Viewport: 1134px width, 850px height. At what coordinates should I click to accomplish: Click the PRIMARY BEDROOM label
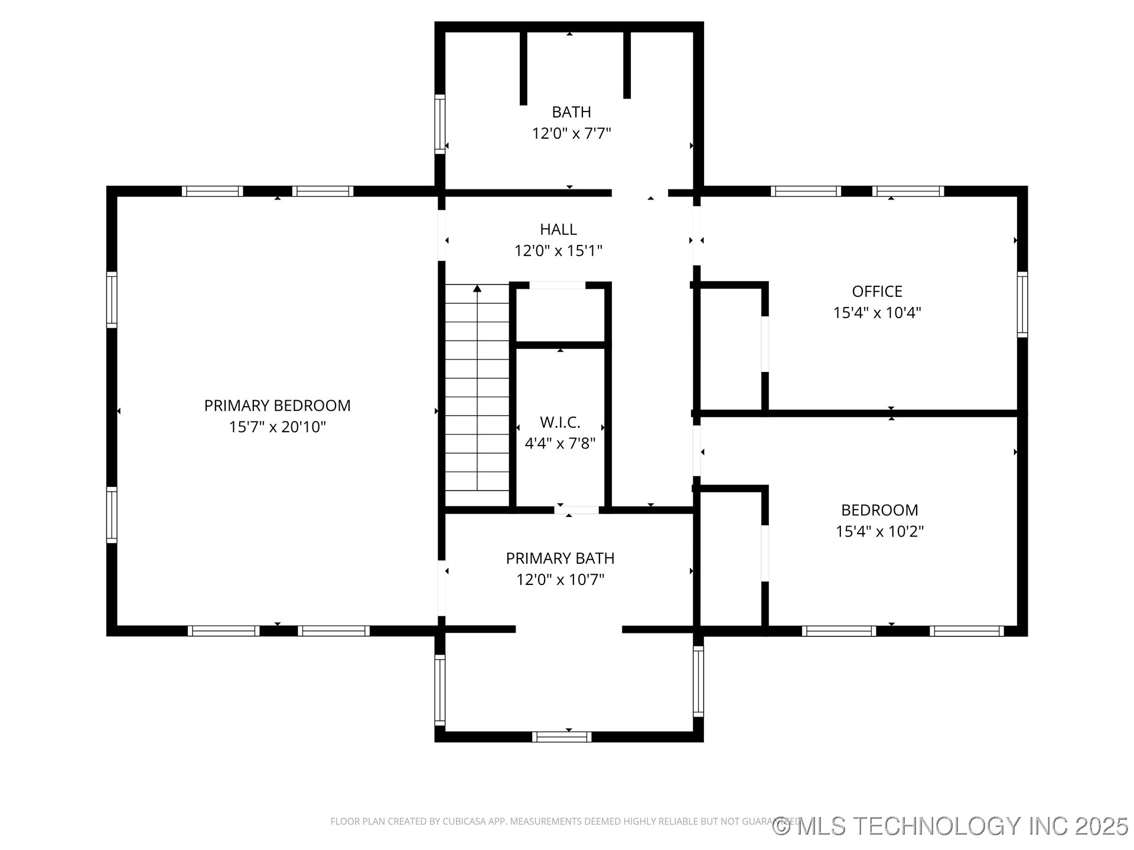pyautogui.click(x=277, y=406)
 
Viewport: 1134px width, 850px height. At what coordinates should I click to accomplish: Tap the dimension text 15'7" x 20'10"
pyautogui.click(x=277, y=427)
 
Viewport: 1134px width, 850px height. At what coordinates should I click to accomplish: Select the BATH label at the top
pyautogui.click(x=571, y=112)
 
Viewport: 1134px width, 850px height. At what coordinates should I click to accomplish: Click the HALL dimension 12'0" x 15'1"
pyautogui.click(x=558, y=251)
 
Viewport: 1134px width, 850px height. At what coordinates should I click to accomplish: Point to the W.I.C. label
pyautogui.click(x=560, y=422)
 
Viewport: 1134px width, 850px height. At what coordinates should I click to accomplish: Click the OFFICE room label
pyautogui.click(x=876, y=292)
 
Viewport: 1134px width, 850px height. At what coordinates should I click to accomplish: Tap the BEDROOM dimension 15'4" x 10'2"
pyautogui.click(x=879, y=531)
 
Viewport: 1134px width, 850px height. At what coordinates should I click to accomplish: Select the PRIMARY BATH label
pyautogui.click(x=560, y=558)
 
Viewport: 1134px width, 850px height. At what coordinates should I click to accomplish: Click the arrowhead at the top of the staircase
pyautogui.click(x=477, y=289)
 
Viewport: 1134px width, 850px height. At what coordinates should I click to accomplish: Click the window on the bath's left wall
pyautogui.click(x=439, y=124)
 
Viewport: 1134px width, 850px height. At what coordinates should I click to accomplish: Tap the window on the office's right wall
pyautogui.click(x=1022, y=305)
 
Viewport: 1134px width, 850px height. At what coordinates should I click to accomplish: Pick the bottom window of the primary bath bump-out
pyautogui.click(x=561, y=737)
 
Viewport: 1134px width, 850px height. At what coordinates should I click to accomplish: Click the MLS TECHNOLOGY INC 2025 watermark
pyautogui.click(x=951, y=826)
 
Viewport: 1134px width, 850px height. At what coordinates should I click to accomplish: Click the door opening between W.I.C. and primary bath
pyautogui.click(x=576, y=510)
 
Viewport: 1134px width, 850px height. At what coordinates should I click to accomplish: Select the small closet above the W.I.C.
pyautogui.click(x=560, y=315)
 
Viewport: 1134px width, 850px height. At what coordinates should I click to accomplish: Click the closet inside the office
pyautogui.click(x=731, y=348)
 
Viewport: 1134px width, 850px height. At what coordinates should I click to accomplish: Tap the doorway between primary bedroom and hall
pyautogui.click(x=441, y=235)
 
